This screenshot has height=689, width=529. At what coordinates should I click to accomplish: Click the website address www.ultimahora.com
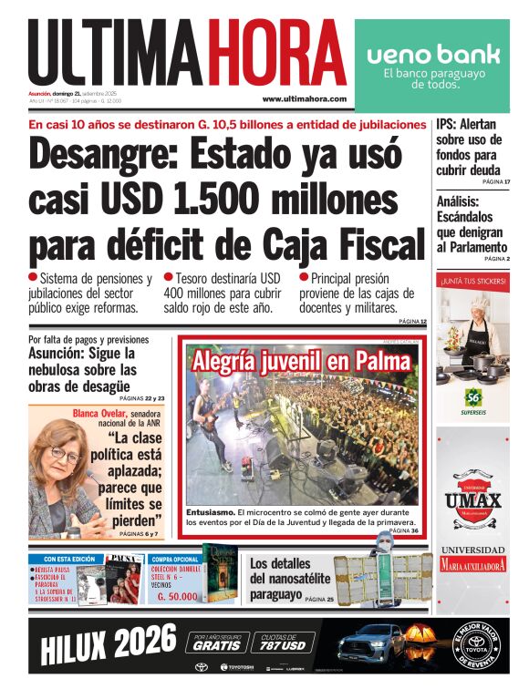coord(304,98)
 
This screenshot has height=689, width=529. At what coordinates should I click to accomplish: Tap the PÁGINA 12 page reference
coord(411,322)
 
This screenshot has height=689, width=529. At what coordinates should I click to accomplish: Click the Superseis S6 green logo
coord(472,396)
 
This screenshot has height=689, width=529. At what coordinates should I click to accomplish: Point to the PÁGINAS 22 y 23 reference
coord(142,398)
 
